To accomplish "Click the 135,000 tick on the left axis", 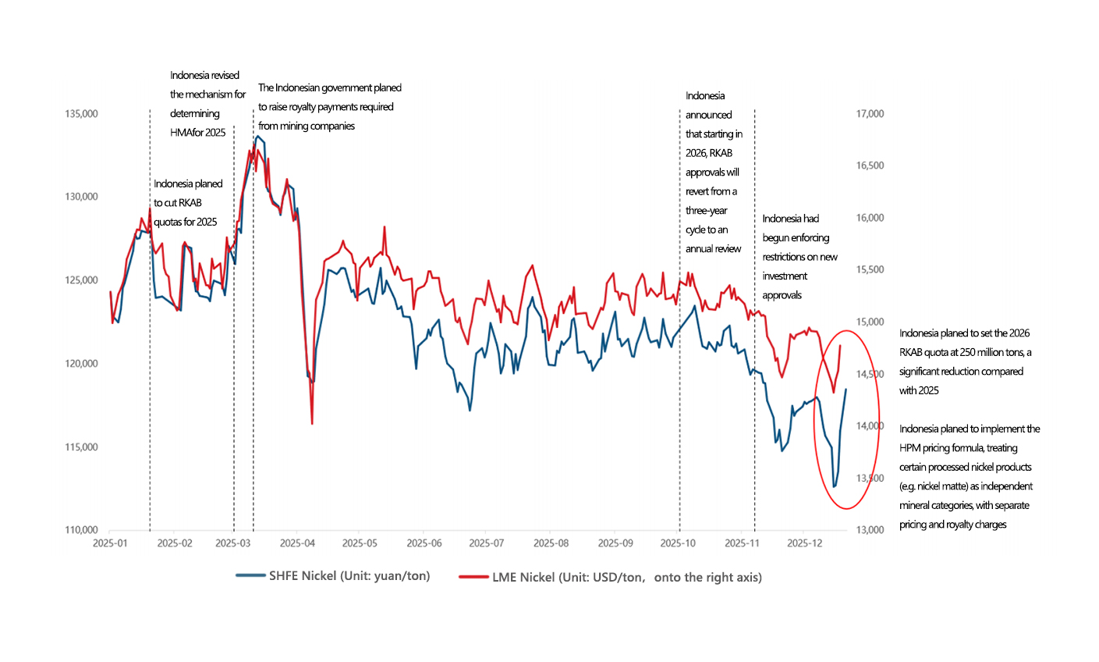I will [81, 114].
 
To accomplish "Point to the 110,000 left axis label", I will [81, 530].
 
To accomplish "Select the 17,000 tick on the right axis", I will [870, 114].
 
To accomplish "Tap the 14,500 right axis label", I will [870, 374].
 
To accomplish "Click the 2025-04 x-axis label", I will [296, 543].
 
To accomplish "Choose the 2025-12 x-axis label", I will [805, 543].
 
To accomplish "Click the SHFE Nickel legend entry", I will [333, 576].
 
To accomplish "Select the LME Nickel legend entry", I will [610, 578].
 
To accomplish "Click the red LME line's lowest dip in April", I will [312, 424].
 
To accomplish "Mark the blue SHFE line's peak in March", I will [258, 136].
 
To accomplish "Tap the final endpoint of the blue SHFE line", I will [846, 389].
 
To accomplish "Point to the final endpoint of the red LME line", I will [840, 345].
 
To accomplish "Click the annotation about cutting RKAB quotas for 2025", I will [188, 203].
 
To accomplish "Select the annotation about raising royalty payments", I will [329, 107].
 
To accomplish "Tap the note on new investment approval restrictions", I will [799, 257].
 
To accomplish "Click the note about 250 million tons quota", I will [964, 361].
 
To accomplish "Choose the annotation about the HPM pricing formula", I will [969, 476].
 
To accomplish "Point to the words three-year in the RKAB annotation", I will [707, 211].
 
